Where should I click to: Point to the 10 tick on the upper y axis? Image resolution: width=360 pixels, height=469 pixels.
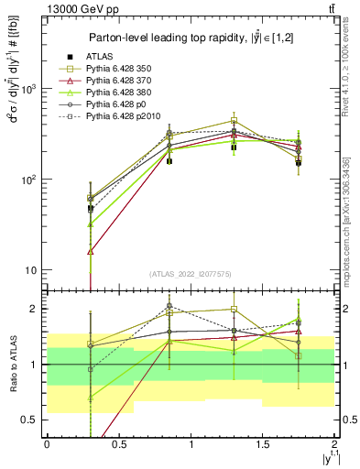(x=33, y=270)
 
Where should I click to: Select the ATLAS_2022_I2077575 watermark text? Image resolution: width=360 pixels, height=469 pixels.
(x=191, y=274)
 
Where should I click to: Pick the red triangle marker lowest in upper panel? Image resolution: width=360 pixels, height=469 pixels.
(x=91, y=251)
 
